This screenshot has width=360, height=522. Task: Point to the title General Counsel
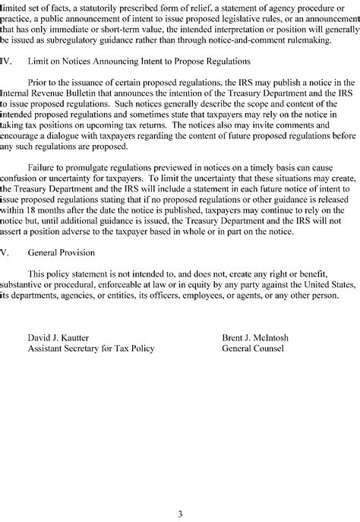tap(253, 348)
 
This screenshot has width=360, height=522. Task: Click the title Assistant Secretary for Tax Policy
tap(90, 348)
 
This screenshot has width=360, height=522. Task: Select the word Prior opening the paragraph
tap(39, 82)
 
